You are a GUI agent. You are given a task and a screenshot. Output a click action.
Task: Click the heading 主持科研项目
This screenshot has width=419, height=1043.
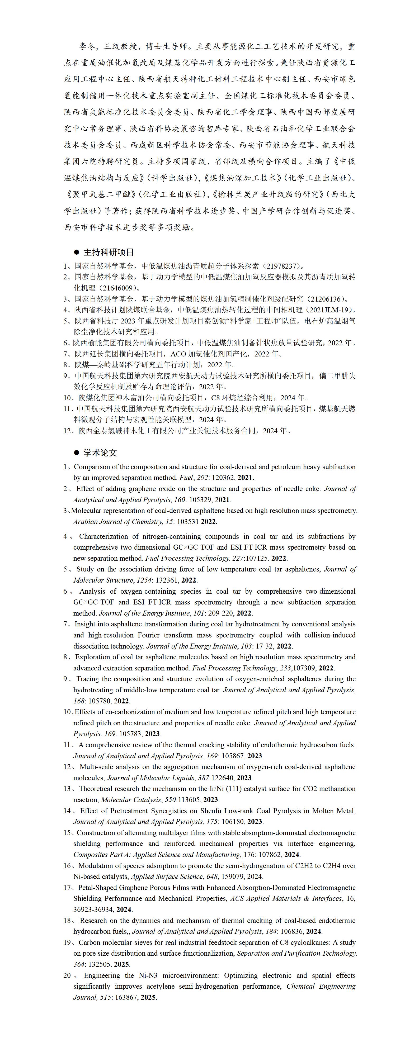click(x=108, y=252)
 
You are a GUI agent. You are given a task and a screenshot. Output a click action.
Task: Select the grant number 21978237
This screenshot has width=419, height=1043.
click(x=282, y=266)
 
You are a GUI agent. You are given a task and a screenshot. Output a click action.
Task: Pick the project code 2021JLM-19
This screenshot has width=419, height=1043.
click(x=331, y=310)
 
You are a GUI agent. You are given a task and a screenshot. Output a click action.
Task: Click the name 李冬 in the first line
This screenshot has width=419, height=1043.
click(x=88, y=46)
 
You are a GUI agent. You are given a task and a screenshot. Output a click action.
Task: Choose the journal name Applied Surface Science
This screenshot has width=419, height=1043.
click(x=166, y=877)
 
